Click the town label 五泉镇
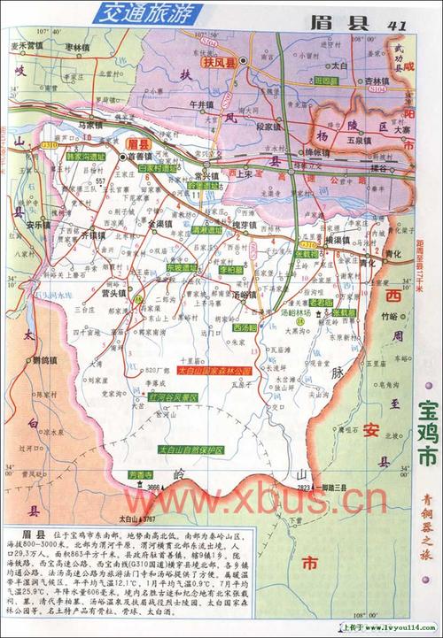359,140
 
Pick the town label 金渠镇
160,225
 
